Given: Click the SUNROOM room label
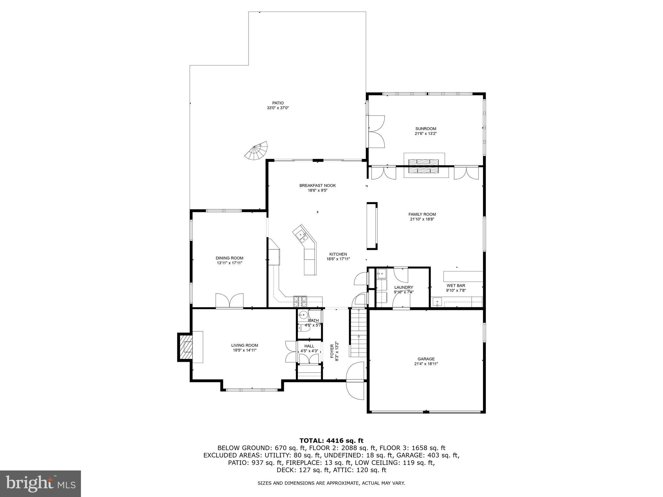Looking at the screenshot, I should (x=426, y=128).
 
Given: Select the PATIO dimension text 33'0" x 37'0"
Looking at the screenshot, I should (x=277, y=108).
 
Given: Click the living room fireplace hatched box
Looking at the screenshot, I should (x=186, y=347).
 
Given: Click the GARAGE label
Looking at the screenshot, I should (x=426, y=359).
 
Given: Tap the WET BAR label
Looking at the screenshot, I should (x=455, y=285).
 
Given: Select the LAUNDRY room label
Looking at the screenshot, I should (x=403, y=287).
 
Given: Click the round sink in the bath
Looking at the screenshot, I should (x=303, y=314).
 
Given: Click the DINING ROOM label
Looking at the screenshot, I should (x=229, y=258).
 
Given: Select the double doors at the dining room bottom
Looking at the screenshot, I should (x=229, y=301).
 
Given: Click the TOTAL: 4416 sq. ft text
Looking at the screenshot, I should (x=331, y=440).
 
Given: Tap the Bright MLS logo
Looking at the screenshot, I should (x=40, y=483).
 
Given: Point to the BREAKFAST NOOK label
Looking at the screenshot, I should (x=317, y=185).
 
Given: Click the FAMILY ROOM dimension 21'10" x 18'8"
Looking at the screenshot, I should (x=422, y=219).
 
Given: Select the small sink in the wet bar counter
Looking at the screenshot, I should (x=437, y=302).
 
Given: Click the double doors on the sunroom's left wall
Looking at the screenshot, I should (x=376, y=132).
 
